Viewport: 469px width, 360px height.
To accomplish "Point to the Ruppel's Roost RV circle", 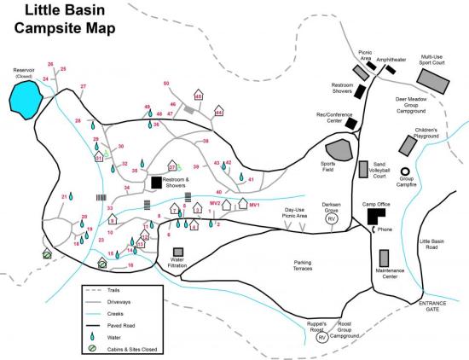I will (x=322, y=338).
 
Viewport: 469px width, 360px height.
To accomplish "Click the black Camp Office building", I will (x=374, y=215).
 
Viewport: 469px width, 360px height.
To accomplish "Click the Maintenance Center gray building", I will (x=385, y=258).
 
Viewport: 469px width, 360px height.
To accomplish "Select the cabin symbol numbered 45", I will (x=198, y=96).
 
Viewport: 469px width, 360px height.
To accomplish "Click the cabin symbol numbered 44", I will (x=218, y=111).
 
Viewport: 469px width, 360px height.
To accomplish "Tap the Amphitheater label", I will (x=392, y=60).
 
